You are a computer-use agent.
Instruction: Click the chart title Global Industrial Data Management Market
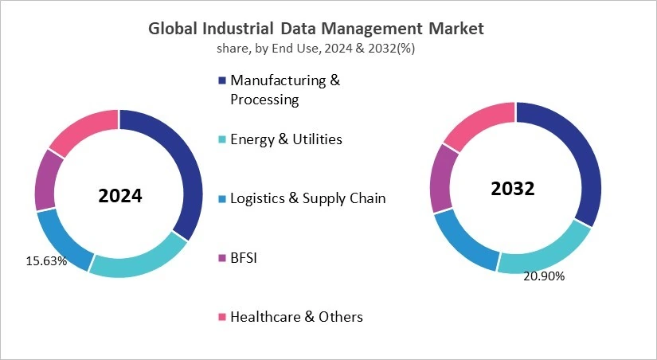[316, 29]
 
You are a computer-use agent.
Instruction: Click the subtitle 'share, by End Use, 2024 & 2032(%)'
[316, 49]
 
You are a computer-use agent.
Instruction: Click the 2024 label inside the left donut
[119, 195]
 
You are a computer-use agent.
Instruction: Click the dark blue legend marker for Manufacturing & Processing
[221, 80]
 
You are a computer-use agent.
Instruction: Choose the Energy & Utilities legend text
[286, 139]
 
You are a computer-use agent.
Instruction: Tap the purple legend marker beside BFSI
[221, 257]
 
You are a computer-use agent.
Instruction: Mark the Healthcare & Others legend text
[296, 316]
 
